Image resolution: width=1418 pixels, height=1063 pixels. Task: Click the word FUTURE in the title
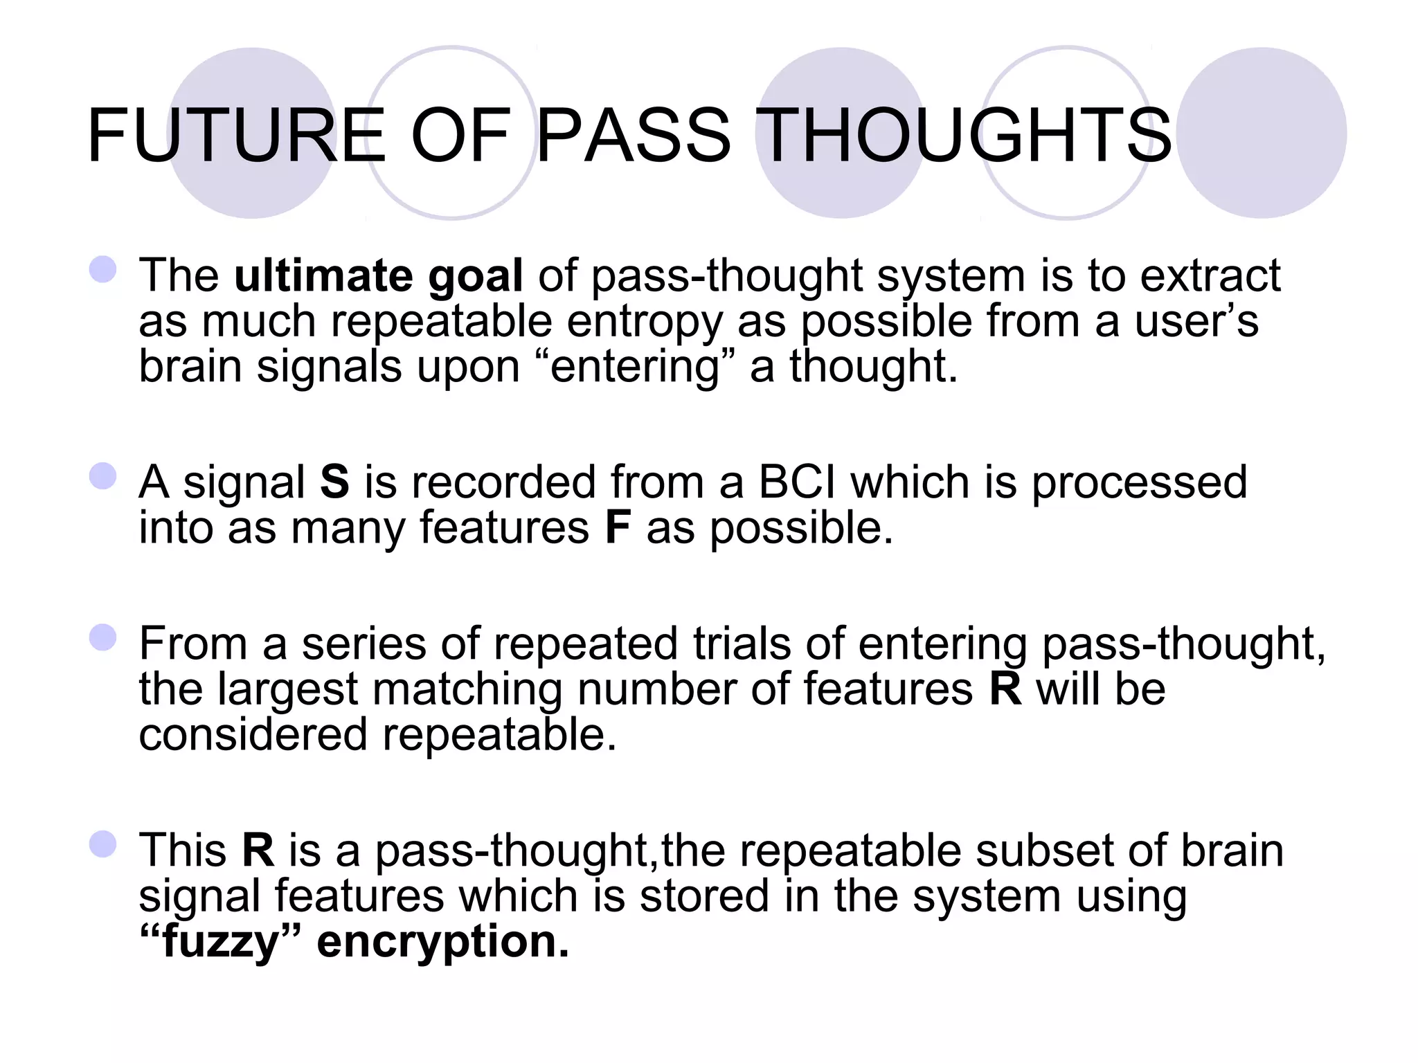[236, 135]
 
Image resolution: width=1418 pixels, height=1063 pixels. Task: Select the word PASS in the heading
[633, 135]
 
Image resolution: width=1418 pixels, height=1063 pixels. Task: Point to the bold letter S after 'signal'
[334, 482]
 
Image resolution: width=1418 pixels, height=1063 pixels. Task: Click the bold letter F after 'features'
[618, 527]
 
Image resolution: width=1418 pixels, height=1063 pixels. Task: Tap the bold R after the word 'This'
[258, 850]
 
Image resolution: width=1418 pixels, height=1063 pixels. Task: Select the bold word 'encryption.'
[443, 941]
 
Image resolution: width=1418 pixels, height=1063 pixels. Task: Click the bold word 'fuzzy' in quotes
[219, 943]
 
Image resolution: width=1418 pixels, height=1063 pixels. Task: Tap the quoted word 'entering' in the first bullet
[635, 367]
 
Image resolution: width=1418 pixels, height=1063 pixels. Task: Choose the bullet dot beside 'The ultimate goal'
[103, 269]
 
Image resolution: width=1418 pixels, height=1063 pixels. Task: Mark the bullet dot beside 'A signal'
[103, 476]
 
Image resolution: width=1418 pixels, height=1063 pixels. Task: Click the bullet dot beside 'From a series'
[103, 637]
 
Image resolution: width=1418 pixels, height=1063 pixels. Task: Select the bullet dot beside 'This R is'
[103, 844]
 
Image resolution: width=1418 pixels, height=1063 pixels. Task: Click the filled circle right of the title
[1262, 133]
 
